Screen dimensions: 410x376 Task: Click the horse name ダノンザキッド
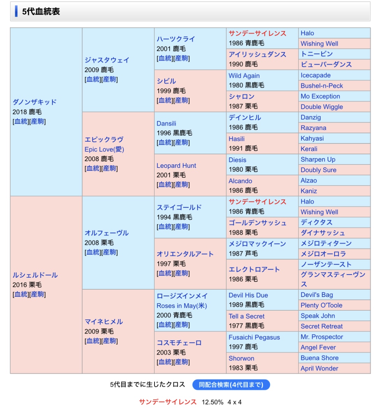(35, 102)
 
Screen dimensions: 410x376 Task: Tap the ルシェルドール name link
(35, 275)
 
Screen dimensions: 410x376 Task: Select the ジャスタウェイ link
(107, 60)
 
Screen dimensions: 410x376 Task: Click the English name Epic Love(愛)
(104, 149)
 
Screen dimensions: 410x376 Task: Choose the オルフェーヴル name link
(106, 233)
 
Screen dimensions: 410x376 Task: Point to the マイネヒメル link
(104, 321)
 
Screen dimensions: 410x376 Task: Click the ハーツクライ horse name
(175, 39)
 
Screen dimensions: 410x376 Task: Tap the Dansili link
(166, 124)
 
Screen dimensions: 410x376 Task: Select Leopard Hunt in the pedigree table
(176, 166)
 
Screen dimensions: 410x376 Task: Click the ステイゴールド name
(179, 207)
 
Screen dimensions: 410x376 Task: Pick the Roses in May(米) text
(182, 306)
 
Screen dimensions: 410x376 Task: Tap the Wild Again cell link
(244, 76)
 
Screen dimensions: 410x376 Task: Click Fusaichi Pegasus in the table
(254, 337)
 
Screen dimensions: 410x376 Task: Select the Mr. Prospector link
(322, 337)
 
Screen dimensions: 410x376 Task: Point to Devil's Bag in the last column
(317, 295)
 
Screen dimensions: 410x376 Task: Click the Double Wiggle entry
(322, 107)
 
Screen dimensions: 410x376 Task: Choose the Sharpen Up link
(318, 159)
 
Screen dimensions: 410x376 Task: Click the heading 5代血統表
(41, 12)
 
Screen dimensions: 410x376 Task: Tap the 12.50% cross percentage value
(212, 402)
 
